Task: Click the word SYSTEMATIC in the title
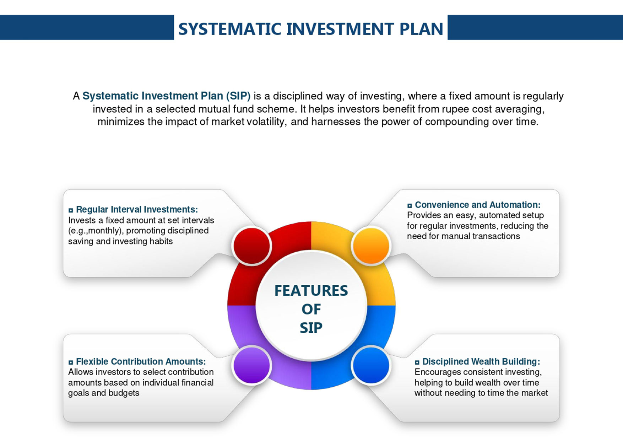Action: tap(230, 29)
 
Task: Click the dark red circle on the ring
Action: tap(252, 246)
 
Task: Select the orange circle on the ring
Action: tap(371, 246)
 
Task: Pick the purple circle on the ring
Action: tap(252, 365)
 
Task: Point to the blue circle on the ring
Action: tap(371, 365)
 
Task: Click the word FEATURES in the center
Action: tap(311, 291)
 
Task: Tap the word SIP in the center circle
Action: tap(311, 328)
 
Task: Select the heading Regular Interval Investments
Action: tap(137, 210)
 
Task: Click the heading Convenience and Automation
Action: tap(478, 205)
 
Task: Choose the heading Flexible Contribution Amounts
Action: tap(141, 361)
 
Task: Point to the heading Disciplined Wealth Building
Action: tap(481, 361)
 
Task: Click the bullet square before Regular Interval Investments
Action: tap(71, 210)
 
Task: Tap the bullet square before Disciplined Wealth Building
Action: tap(417, 362)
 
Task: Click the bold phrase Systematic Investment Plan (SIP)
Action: tap(167, 96)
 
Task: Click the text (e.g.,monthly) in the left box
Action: tap(96, 231)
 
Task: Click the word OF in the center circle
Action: tap(311, 309)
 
